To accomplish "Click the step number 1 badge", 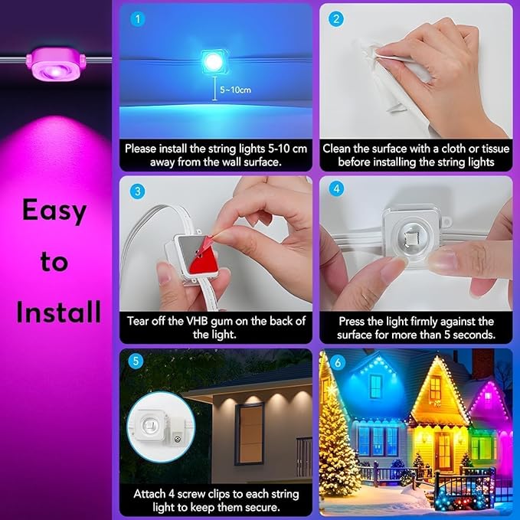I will coord(136,19).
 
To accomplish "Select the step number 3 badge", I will coord(136,190).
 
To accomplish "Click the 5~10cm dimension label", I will coord(234,90).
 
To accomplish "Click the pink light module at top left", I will coord(54,63).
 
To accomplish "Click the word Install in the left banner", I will coord(58,312).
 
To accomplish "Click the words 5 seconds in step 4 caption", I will coord(466,335).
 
